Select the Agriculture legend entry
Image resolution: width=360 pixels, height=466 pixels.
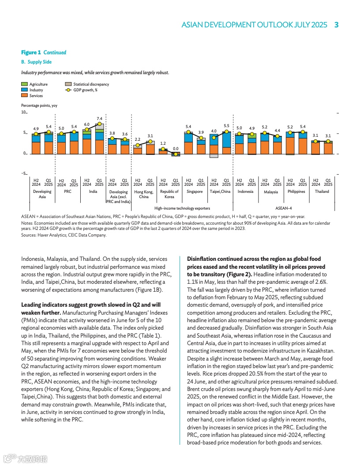coord(38,84)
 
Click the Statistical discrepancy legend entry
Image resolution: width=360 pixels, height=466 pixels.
coord(91,84)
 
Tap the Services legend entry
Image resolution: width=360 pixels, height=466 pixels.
coord(36,96)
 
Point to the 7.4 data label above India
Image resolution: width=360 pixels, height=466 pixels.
coord(99,119)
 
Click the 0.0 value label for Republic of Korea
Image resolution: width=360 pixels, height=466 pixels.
coord(176,149)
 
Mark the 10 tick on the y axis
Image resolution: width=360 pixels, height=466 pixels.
coord(24,113)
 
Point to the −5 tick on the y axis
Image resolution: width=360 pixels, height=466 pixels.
coord(24,174)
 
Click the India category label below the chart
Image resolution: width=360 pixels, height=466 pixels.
coord(93,192)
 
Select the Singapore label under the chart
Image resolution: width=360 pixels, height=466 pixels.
coord(195,192)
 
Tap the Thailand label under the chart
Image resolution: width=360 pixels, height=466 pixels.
coord(322,192)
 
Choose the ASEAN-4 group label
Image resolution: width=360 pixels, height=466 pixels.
coord(283,208)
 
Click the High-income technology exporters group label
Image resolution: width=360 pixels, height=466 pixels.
coord(182,208)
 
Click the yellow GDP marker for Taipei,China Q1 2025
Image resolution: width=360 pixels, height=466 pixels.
coord(226,131)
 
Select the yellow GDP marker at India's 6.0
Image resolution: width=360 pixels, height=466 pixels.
coord(87,129)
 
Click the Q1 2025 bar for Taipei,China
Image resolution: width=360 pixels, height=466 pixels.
coord(226,143)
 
